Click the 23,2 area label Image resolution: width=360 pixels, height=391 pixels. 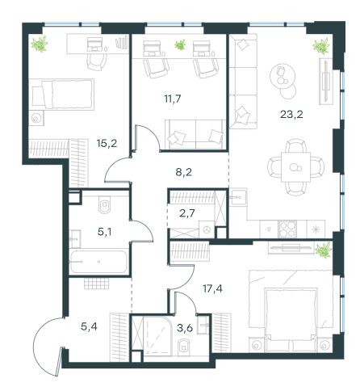click(291, 115)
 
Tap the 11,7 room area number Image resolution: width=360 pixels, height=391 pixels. click(173, 99)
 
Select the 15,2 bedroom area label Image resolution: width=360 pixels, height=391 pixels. click(107, 144)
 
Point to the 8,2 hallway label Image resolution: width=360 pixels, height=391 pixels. click(184, 172)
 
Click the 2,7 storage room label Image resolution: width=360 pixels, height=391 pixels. click(186, 213)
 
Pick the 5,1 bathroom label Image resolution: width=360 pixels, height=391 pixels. click(105, 232)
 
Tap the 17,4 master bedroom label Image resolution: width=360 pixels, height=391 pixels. click(212, 289)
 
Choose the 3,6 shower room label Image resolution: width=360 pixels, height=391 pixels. click(185, 328)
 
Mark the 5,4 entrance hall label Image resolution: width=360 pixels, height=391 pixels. click(89, 326)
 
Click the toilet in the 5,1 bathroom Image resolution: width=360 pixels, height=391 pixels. click(105, 204)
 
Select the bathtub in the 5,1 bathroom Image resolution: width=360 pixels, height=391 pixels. click(98, 262)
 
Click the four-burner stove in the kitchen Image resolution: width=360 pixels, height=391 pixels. click(287, 229)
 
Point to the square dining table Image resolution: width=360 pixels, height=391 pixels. click(295, 167)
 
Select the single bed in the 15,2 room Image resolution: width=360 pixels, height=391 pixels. click(62, 95)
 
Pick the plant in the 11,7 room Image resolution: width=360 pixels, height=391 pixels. click(180, 44)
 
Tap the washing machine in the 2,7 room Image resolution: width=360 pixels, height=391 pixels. click(207, 229)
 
